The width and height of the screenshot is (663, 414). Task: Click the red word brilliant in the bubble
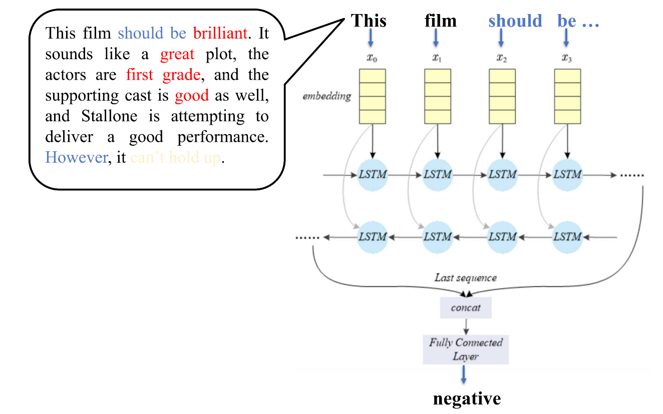220,34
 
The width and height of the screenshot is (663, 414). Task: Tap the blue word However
76,157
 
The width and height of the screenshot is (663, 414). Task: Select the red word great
177,54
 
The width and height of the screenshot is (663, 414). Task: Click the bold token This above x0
369,21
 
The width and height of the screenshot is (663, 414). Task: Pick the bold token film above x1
440,21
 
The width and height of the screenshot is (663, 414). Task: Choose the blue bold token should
515,21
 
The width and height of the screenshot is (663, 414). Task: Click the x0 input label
372,58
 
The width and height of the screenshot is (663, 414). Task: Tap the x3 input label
567,58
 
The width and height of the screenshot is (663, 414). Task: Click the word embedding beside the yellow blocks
327,96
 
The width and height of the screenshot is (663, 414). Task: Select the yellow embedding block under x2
502,96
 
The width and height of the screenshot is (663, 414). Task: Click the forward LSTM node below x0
373,175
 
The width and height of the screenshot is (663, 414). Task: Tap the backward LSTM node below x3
567,236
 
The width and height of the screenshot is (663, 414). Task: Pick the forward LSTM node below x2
502,175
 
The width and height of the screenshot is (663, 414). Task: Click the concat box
466,308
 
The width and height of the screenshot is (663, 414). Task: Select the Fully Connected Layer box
466,349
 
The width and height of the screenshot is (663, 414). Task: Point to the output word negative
467,398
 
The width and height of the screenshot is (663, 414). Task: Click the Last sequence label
466,278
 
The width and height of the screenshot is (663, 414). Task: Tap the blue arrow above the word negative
464,374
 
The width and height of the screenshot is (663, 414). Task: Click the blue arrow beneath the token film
436,38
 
